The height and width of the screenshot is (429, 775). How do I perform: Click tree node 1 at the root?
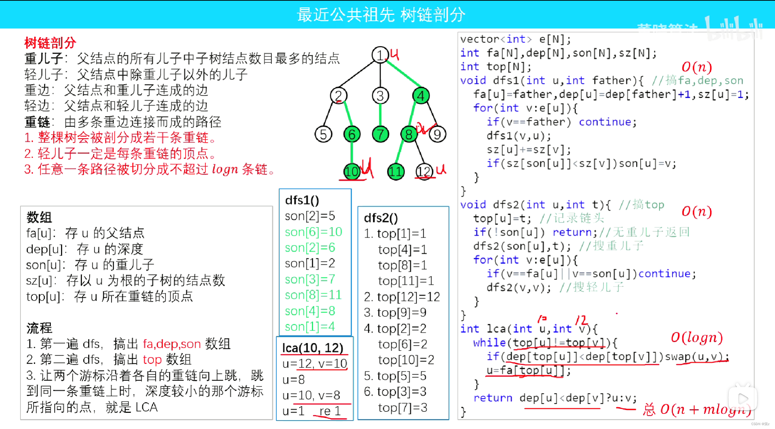[x=380, y=55]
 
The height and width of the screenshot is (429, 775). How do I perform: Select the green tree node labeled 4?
[x=421, y=96]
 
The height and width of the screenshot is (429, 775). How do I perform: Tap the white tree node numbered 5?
[x=323, y=134]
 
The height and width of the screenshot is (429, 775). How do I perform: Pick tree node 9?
[x=437, y=134]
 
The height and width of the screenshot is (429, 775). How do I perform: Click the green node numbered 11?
[x=395, y=172]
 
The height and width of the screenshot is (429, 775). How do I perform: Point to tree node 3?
[x=380, y=96]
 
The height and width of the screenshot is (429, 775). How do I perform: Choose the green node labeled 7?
[x=380, y=134]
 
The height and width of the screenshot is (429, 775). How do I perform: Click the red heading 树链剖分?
[x=50, y=43]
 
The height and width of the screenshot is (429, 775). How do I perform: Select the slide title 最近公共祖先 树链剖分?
[x=381, y=15]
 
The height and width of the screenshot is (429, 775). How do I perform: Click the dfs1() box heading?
[x=302, y=200]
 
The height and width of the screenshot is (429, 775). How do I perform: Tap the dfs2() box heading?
[x=381, y=218]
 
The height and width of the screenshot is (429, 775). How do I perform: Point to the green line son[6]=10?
[x=314, y=232]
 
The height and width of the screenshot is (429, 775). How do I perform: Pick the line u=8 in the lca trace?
[x=293, y=380]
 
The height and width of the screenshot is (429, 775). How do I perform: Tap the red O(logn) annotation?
[x=696, y=338]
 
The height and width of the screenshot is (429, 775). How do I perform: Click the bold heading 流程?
[x=39, y=328]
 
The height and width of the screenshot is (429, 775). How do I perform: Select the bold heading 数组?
[x=39, y=217]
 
